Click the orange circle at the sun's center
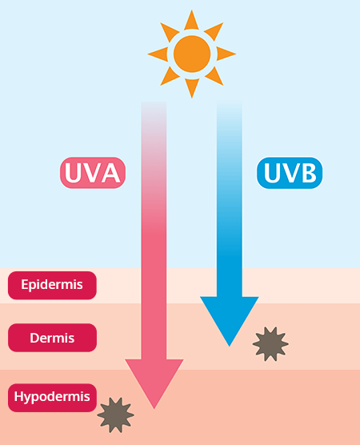(192, 54)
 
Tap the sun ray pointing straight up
(192, 22)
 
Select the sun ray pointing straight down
(192, 86)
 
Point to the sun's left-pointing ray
(159, 54)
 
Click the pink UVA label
(93, 173)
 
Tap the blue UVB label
(290, 173)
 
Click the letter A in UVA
(110, 173)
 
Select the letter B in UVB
(309, 173)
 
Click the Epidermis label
(52, 285)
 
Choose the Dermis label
(52, 338)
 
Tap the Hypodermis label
(52, 397)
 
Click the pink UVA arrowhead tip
(154, 409)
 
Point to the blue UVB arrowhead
(230, 316)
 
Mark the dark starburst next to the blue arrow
(270, 344)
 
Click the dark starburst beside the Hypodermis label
(115, 415)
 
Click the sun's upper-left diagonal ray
(170, 32)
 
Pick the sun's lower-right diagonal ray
(214, 76)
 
